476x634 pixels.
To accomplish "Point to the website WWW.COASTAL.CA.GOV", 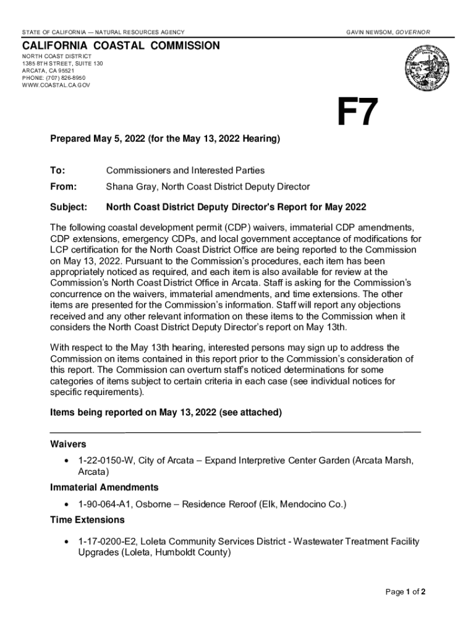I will point(56,85).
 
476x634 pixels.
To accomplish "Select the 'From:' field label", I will point(63,186).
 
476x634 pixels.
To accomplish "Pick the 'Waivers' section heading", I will point(68,444).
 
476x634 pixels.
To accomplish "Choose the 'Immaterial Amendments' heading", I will point(104,487).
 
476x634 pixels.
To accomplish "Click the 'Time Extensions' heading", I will point(87,519).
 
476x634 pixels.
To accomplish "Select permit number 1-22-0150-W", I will point(105,460).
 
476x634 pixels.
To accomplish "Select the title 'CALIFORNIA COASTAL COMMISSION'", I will point(121,46).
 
